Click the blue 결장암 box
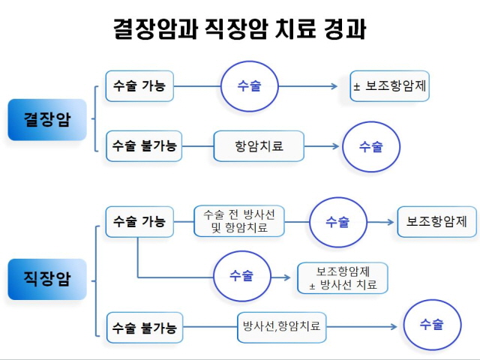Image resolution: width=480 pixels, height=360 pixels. pos(47,120)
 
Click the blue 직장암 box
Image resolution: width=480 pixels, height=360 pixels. pos(47,279)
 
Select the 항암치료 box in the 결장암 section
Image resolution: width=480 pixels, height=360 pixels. pos(259,146)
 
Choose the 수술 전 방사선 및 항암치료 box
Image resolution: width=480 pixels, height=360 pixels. pos(239,221)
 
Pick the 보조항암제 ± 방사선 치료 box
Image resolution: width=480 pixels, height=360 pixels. pos(342,277)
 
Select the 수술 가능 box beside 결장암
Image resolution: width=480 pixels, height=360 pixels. pos(140,86)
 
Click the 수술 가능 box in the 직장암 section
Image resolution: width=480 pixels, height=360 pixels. pos(140,221)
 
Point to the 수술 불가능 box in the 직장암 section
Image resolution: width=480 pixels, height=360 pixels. pos(144,327)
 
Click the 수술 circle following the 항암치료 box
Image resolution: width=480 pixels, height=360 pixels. pos(371,147)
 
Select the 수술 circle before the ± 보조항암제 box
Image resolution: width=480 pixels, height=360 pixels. pos(250,86)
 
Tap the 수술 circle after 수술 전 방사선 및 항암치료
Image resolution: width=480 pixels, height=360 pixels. pos(337,222)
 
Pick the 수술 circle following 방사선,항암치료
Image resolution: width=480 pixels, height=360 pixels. pos(432,325)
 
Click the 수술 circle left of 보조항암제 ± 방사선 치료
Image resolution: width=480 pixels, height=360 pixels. pos(241,275)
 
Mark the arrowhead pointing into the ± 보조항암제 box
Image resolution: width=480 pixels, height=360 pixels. pos(334,86)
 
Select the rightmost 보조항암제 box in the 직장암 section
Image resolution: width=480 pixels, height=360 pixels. pos(436,222)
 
